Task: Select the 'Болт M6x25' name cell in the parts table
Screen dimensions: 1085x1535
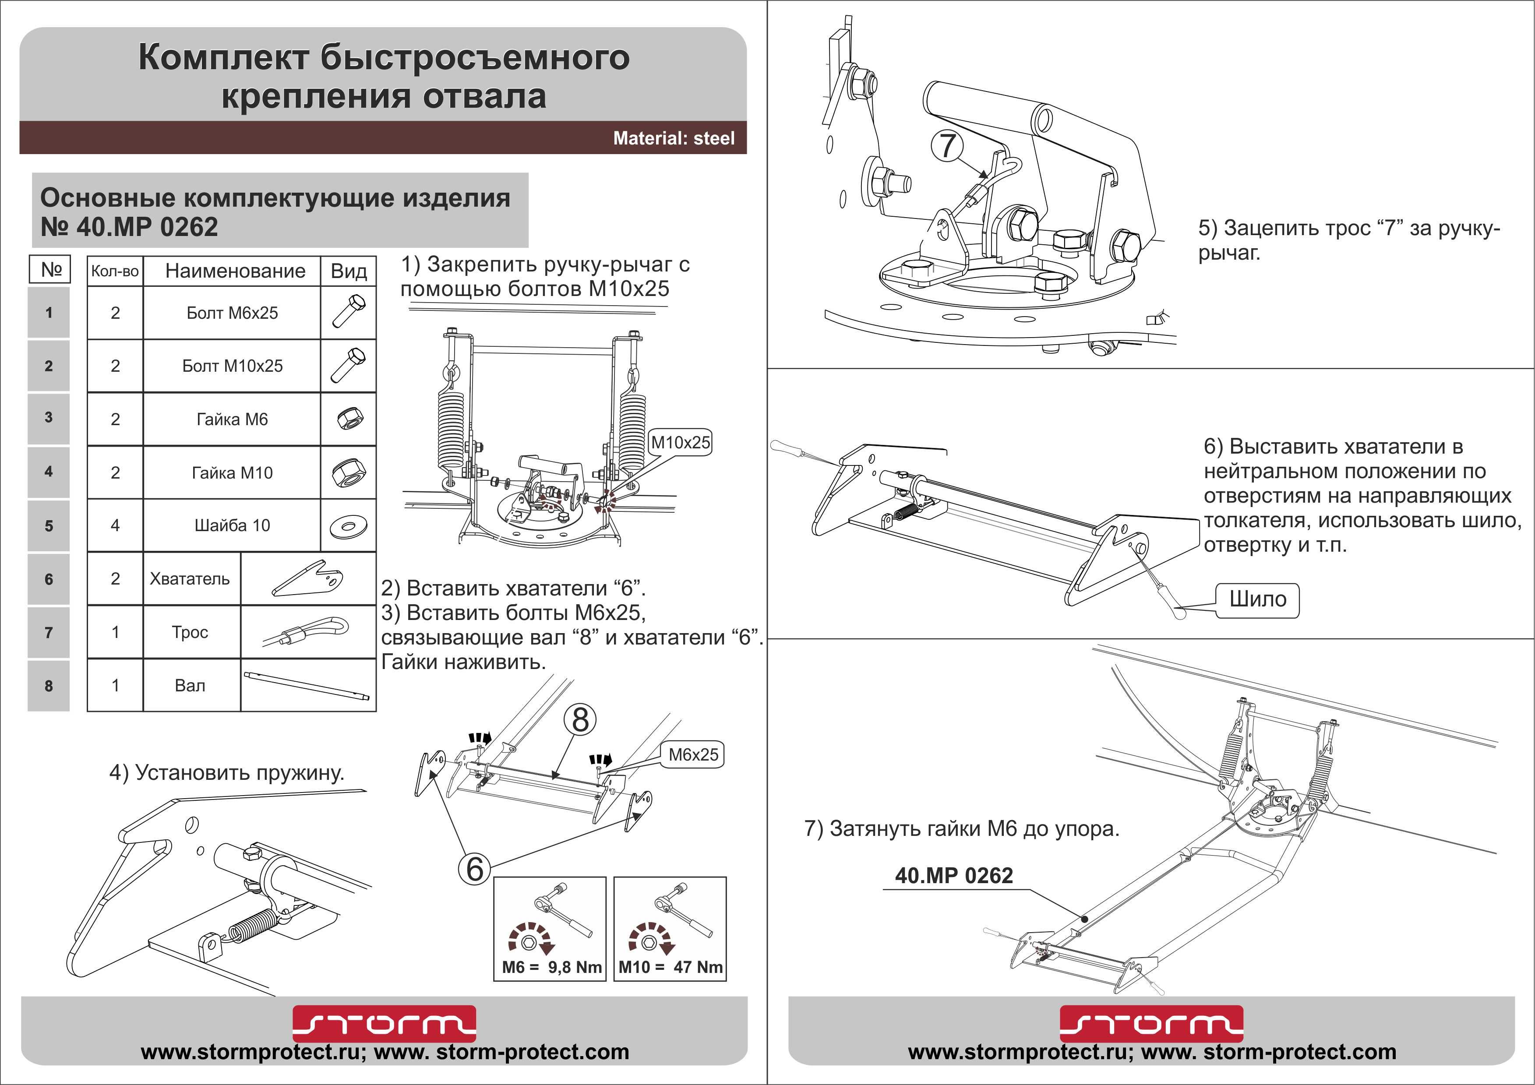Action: coord(232,313)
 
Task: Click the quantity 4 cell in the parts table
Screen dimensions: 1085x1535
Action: coord(115,525)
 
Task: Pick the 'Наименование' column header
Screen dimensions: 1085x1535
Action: coord(235,271)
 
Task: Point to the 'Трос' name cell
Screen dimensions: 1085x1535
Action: coord(190,632)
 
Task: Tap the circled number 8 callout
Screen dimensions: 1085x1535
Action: coord(580,720)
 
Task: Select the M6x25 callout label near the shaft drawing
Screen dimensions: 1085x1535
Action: coord(693,755)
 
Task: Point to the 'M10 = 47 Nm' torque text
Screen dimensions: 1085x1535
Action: coord(670,967)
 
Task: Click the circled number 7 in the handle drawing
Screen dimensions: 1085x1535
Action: coord(947,146)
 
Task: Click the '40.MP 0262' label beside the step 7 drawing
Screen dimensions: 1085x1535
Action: coord(953,876)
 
